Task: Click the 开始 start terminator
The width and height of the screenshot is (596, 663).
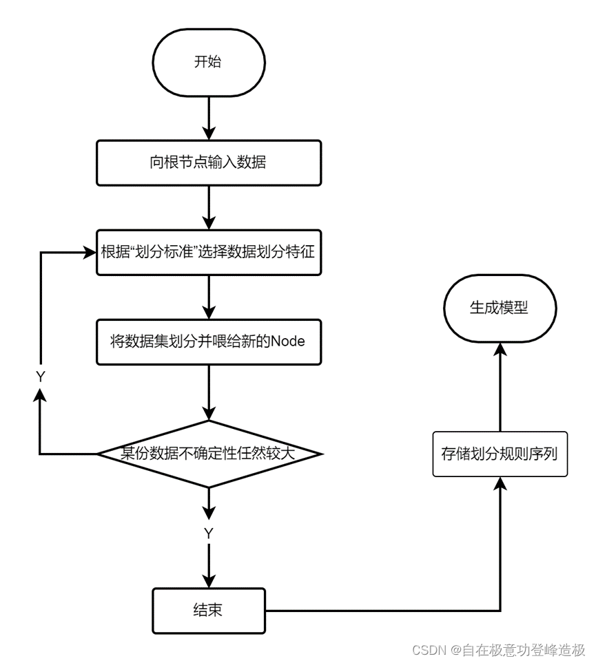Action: [x=208, y=62]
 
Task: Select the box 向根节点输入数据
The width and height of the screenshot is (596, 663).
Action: [x=208, y=163]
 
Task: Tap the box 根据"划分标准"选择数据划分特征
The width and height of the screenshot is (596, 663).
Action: [x=208, y=252]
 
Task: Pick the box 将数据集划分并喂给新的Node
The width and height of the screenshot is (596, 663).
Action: [x=208, y=341]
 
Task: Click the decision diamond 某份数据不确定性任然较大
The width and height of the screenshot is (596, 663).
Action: [x=208, y=454]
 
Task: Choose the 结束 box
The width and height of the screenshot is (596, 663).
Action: [x=208, y=611]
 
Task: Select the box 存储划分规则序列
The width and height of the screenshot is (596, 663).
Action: [x=500, y=454]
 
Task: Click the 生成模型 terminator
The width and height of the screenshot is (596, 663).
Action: [x=500, y=308]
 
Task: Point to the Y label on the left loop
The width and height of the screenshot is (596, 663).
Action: [x=40, y=377]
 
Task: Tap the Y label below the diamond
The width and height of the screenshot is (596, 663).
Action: [x=208, y=534]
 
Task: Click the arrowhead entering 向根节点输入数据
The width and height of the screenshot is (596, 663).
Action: [x=208, y=134]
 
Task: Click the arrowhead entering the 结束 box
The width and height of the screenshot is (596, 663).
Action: [x=208, y=581]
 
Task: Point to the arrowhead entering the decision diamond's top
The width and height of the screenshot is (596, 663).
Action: [x=208, y=413]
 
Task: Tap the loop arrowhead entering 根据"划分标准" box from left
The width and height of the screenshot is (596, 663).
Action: [x=88, y=253]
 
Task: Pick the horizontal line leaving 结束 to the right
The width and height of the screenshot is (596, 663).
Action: [x=379, y=611]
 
